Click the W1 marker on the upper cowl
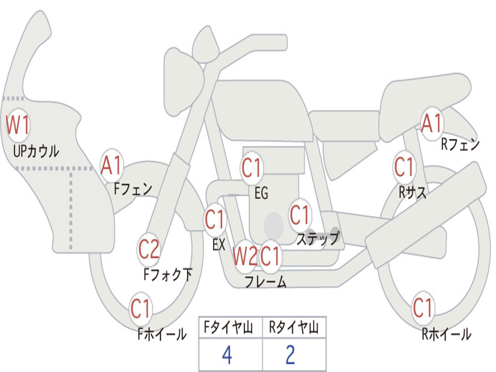tap(18, 125)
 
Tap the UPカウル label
tap(36, 151)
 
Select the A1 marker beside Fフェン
tap(112, 166)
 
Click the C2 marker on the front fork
tap(149, 250)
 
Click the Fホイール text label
tap(162, 334)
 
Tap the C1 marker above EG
tap(251, 168)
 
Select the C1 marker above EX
tap(215, 220)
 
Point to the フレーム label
tap(265, 282)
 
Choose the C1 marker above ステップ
tap(299, 215)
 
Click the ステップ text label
tap(318, 239)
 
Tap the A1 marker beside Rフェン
tap(432, 124)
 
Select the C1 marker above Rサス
tap(403, 168)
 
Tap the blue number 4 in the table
tap(227, 356)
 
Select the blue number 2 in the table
tap(290, 356)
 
